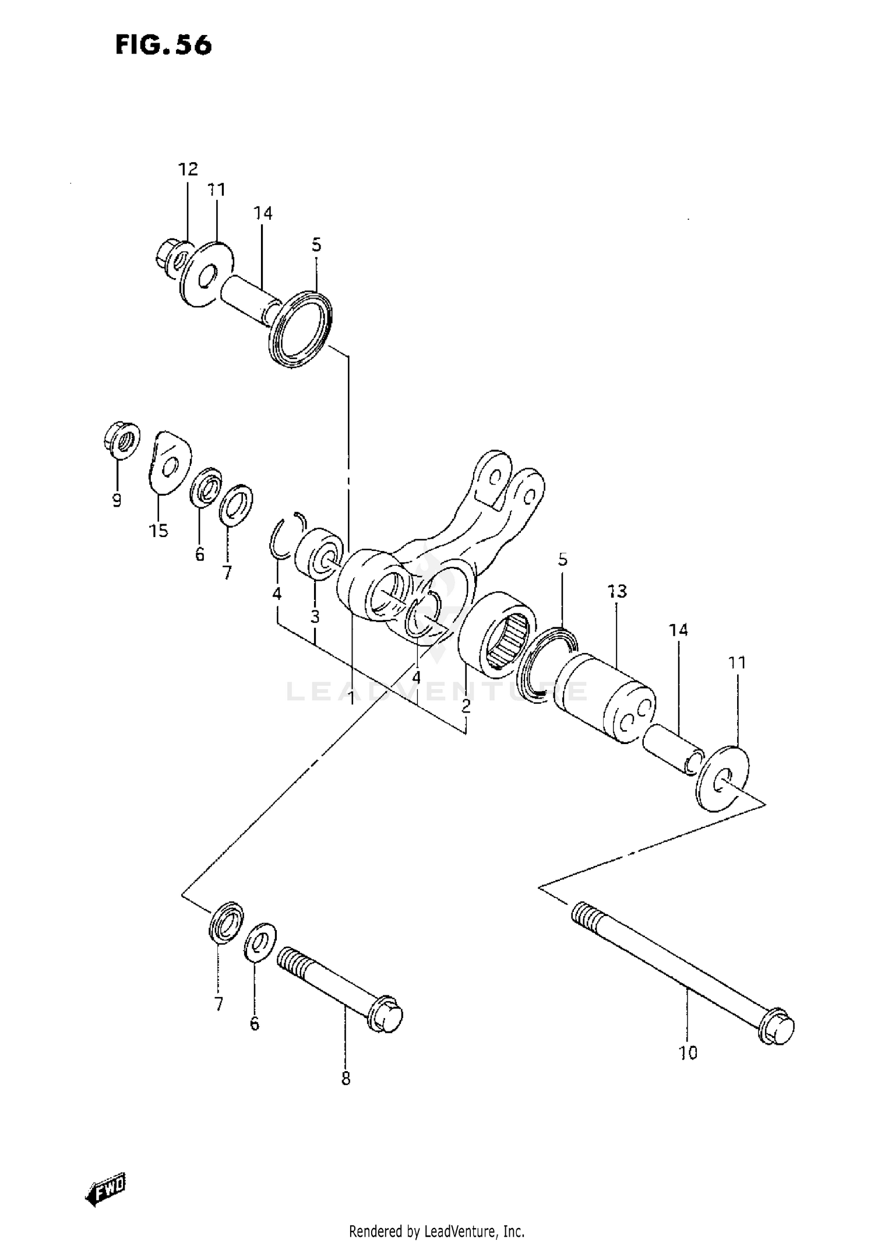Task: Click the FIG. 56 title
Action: tap(164, 45)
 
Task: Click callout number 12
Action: tap(188, 170)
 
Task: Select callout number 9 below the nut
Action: tap(117, 500)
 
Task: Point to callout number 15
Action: tap(158, 530)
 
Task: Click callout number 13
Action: tap(617, 591)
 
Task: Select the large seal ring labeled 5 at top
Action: tap(301, 328)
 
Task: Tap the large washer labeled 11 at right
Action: tap(723, 778)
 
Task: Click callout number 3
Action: tap(315, 617)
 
